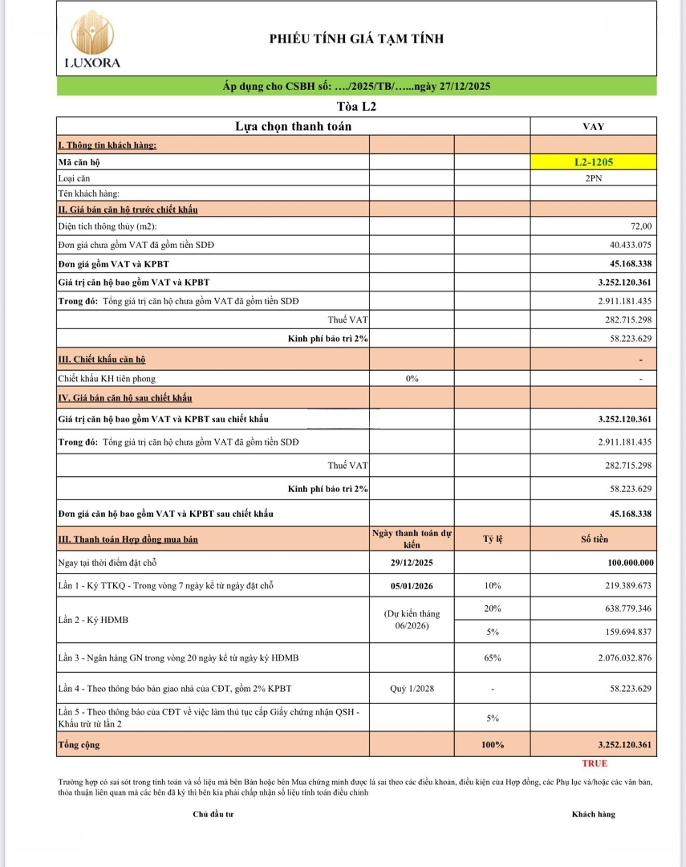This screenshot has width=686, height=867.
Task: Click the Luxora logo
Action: click(x=91, y=39)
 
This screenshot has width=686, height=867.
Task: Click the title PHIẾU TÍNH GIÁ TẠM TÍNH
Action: click(x=356, y=39)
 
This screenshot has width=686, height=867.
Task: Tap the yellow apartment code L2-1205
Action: click(x=593, y=161)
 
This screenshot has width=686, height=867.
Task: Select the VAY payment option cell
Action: click(x=593, y=126)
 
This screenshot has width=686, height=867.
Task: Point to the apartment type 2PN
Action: click(x=593, y=178)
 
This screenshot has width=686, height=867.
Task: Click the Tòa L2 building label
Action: click(x=356, y=106)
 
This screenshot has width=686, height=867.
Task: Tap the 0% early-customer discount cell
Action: click(x=412, y=378)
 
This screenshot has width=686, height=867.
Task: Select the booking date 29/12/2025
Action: click(x=412, y=563)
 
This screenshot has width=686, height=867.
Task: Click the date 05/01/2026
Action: click(x=412, y=585)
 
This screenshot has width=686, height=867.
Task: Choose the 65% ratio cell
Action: click(x=492, y=658)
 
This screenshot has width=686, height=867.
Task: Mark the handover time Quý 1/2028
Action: click(x=412, y=688)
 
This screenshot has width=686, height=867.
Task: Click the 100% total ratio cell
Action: click(x=492, y=744)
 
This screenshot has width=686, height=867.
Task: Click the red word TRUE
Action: click(x=595, y=763)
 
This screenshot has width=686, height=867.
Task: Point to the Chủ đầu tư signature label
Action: click(x=212, y=814)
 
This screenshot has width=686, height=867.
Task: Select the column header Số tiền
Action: click(x=594, y=539)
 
